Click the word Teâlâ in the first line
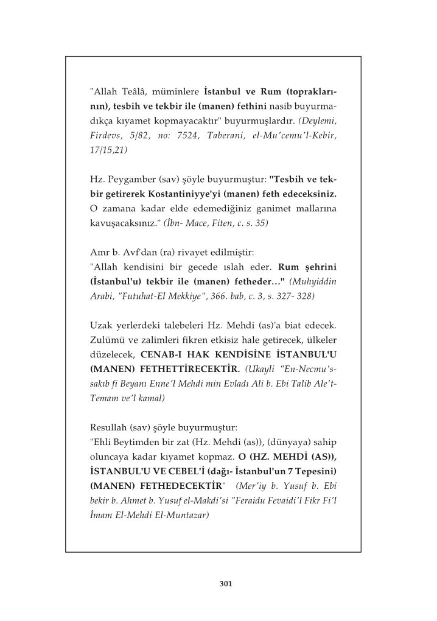[x=137, y=92]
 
